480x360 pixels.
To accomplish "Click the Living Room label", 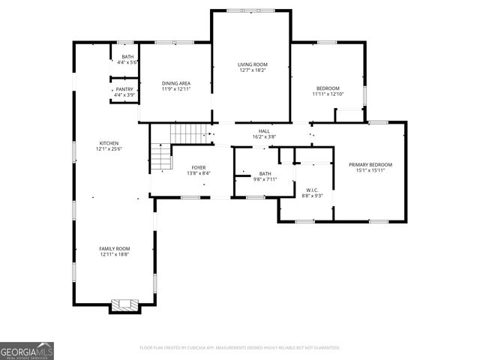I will (x=252, y=64).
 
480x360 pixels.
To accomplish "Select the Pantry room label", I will (x=124, y=89).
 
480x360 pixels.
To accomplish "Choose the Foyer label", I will (x=198, y=167).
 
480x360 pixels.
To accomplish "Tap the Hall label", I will (x=264, y=130).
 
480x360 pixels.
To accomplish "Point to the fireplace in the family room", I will (x=124, y=305).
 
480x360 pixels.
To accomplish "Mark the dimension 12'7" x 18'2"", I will (x=252, y=70).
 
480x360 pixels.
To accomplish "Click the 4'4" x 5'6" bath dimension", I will (x=127, y=62).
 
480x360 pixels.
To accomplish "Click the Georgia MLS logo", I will (x=27, y=351).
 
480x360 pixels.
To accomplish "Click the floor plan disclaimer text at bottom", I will (x=239, y=348).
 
